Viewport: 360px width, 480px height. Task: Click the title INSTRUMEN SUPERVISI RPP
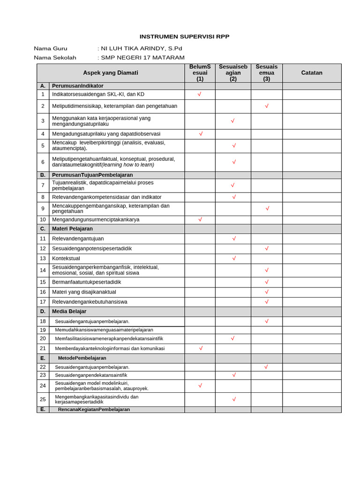pos(185,37)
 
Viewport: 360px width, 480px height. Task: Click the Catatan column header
pos(312,73)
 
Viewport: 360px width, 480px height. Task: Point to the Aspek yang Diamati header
pos(111,73)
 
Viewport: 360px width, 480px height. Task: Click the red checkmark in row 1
pos(200,94)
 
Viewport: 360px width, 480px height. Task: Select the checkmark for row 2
pos(267,106)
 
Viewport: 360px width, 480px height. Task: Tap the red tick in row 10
pos(200,219)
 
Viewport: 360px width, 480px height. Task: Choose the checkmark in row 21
pos(201,348)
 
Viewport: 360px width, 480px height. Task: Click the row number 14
pos(43,270)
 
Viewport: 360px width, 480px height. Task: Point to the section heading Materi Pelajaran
pos(72,229)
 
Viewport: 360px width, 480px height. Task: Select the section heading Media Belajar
pos(69,311)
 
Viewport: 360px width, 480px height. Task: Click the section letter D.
pos(43,311)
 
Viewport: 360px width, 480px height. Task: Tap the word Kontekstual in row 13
pos(66,258)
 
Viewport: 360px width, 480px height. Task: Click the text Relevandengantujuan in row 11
pos(78,239)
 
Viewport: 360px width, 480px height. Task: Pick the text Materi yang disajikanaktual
pos(84,292)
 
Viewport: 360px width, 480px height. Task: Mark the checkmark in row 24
pos(200,386)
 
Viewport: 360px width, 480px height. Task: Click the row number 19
pos(43,330)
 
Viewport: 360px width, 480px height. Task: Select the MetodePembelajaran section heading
pos(82,358)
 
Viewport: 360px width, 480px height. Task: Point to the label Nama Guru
pos(51,48)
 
